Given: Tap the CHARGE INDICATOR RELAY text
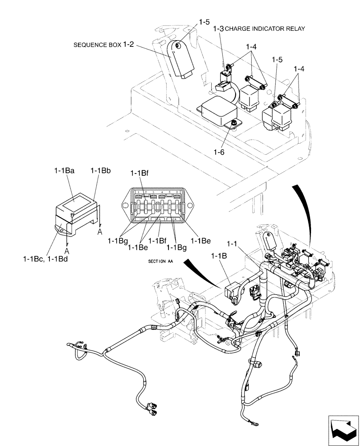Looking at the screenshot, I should [265, 29].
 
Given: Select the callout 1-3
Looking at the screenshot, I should [219, 29].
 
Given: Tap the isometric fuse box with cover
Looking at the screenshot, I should [76, 212].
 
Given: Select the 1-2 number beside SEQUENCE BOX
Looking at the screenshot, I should [129, 45].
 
